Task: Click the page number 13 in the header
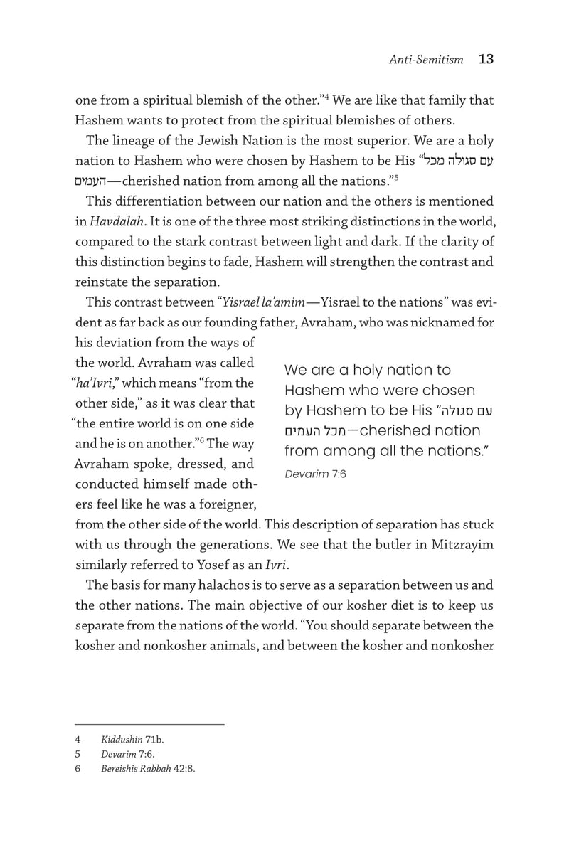pos(486,59)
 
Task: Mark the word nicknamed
pos(449,322)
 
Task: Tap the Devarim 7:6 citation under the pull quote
pos(315,473)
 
